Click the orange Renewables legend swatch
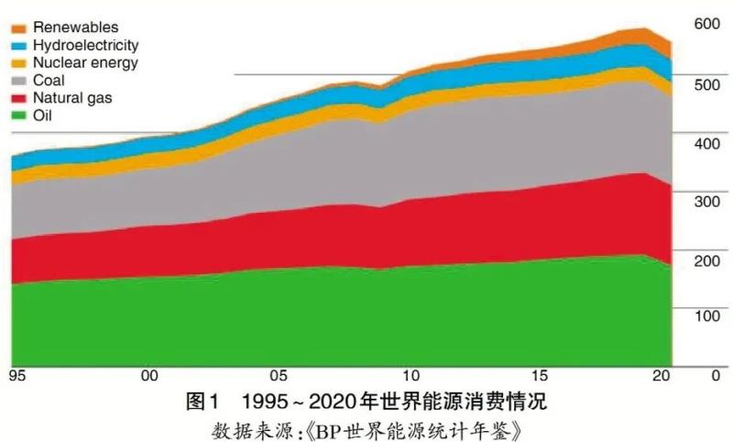coord(19,28)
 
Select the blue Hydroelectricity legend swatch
coord(19,45)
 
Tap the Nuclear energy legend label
coord(85,62)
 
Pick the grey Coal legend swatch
coord(19,80)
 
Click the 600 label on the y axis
coord(707,24)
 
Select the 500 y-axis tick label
coord(707,84)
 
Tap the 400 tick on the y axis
coord(707,143)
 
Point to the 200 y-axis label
coord(707,260)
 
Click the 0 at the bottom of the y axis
coord(717,374)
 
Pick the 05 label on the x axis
coord(279,375)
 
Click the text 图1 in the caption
coord(203,402)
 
